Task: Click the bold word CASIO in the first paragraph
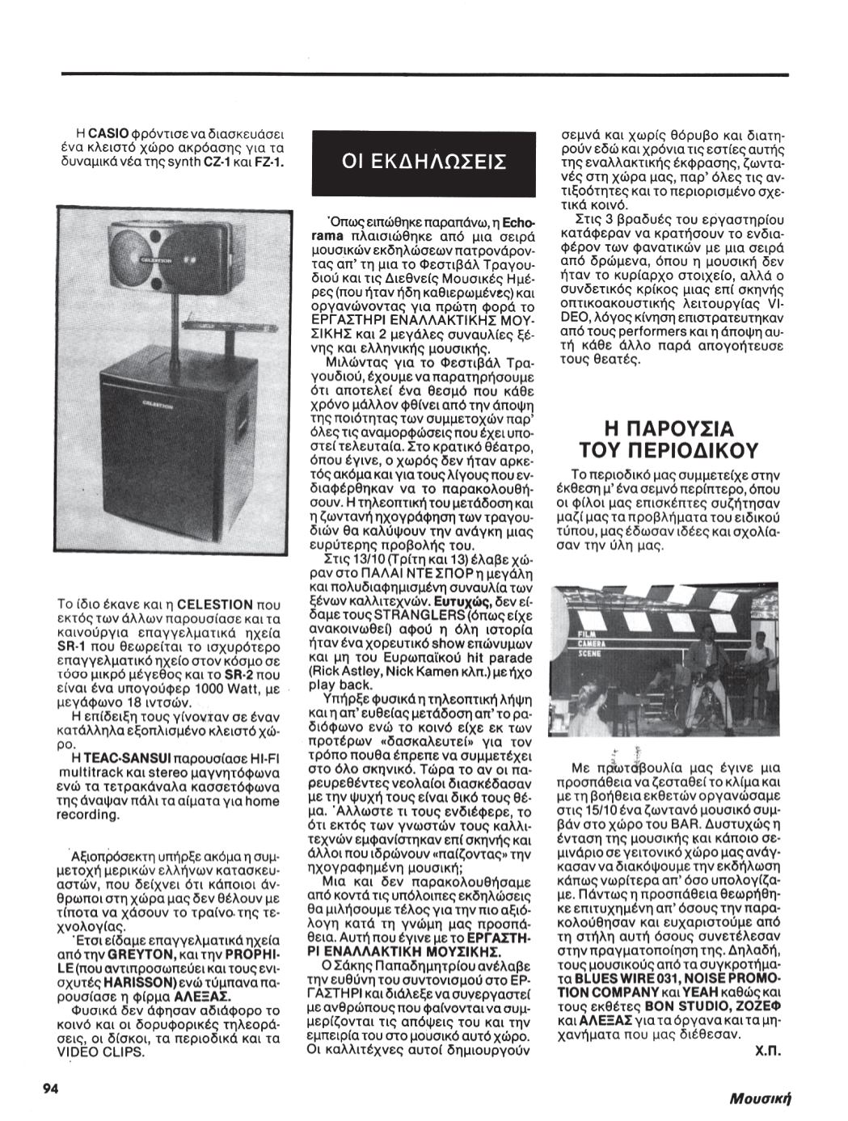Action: pyautogui.click(x=103, y=132)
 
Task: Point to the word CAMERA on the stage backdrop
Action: pyautogui.click(x=592, y=643)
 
